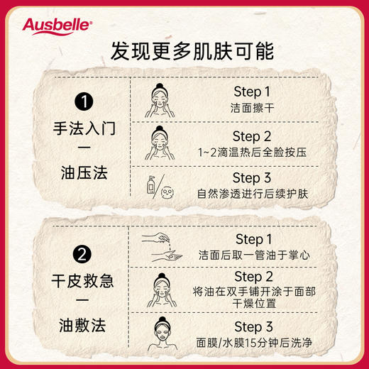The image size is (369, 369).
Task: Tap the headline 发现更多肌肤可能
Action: (184, 52)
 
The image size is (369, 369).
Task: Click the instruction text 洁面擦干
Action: (252, 108)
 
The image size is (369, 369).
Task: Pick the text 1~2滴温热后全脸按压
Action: (252, 151)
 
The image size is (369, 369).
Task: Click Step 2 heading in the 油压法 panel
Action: (252, 136)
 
